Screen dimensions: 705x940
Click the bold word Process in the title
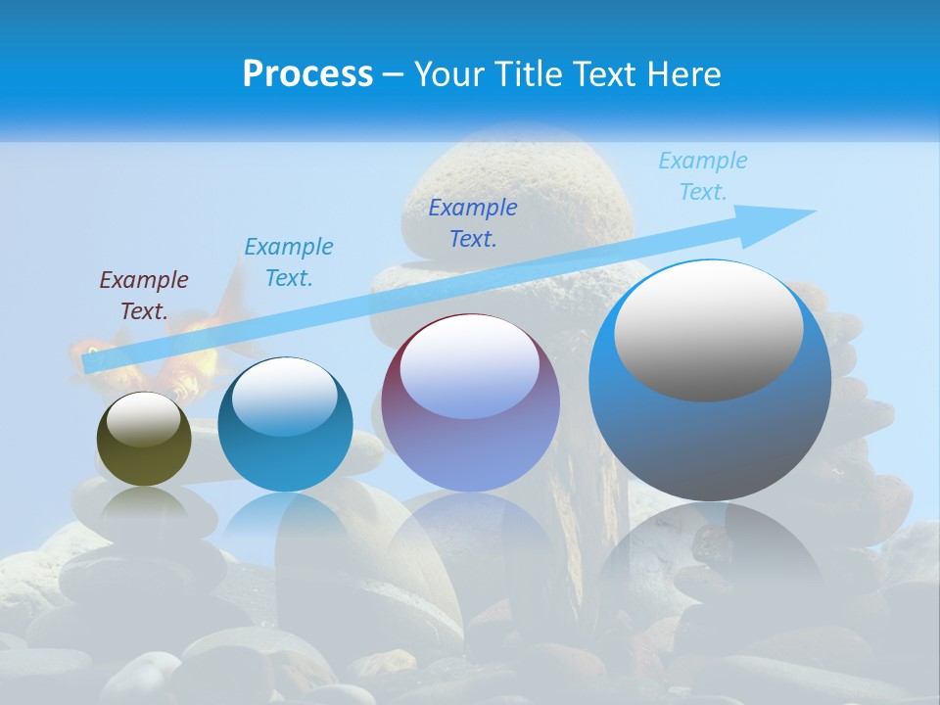point(307,74)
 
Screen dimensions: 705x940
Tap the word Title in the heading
point(531,74)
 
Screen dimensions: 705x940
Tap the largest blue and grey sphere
point(710,431)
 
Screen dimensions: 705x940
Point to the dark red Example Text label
point(144,296)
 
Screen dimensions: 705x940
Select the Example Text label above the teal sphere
point(289,262)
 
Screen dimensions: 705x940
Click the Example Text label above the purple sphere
point(473,222)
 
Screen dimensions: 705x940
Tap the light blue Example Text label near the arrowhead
point(703,176)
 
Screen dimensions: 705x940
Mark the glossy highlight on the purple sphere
point(470,367)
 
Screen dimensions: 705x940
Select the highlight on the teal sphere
point(285,397)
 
